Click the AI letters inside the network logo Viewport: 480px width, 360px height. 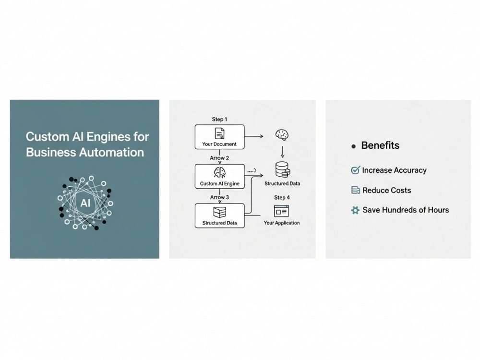(85, 203)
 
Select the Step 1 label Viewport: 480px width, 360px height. (219, 119)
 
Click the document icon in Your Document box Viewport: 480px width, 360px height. (219, 133)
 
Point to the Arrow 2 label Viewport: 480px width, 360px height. (219, 158)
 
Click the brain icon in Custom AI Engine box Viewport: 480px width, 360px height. (219, 173)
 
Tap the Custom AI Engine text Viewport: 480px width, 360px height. (219, 184)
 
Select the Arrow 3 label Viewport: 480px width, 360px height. (219, 197)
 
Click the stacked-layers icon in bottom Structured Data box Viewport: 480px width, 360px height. (219, 212)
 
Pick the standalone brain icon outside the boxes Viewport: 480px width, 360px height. (282, 135)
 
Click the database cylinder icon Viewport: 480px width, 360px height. (283, 170)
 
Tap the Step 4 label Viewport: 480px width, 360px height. (282, 197)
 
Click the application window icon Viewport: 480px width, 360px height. (281, 211)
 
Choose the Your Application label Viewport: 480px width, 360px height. (282, 223)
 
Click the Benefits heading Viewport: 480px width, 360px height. (380, 145)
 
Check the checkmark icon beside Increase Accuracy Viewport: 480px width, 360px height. (355, 170)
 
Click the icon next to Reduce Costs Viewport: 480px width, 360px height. (355, 190)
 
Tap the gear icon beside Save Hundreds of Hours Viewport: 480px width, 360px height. (355, 210)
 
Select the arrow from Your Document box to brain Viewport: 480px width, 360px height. (254, 136)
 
